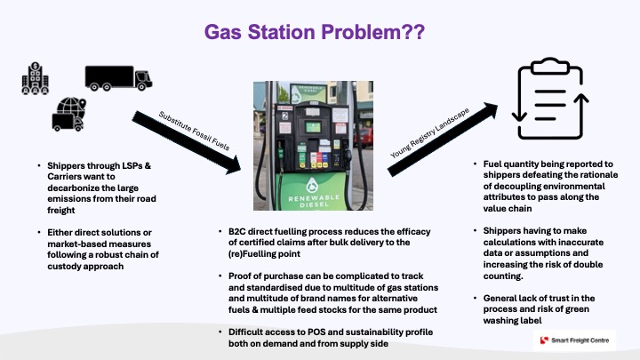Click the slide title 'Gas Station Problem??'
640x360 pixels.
tap(315, 32)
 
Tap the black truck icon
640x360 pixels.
tap(118, 78)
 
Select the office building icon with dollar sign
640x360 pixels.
tap(35, 78)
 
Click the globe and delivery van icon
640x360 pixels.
tap(69, 115)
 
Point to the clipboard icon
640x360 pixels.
tap(550, 99)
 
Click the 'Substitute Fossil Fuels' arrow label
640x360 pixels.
tap(195, 131)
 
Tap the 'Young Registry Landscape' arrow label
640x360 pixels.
tap(430, 132)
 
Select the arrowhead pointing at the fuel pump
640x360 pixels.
tap(233, 165)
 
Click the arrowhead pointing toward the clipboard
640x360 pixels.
tap(490, 110)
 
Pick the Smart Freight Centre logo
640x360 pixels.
tap(574, 340)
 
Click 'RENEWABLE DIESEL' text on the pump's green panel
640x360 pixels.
tap(314, 201)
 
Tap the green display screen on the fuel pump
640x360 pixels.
tap(313, 127)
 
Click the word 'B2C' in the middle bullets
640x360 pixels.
tap(236, 231)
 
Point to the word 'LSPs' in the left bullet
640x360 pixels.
tap(131, 165)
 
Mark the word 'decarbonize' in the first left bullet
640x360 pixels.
tap(72, 188)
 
